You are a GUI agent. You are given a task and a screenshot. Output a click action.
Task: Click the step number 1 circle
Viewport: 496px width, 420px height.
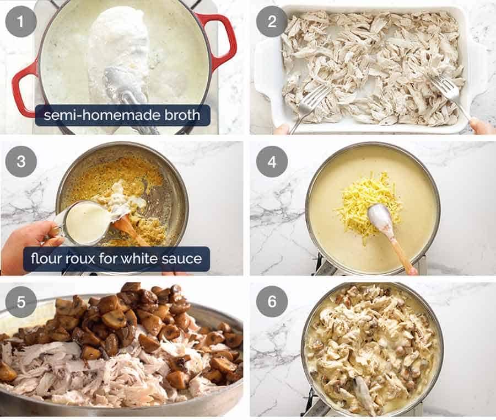point(21,22)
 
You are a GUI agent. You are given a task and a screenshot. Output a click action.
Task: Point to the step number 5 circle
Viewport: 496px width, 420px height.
point(21,302)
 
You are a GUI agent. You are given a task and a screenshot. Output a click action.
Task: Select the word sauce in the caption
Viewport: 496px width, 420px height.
point(184,258)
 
